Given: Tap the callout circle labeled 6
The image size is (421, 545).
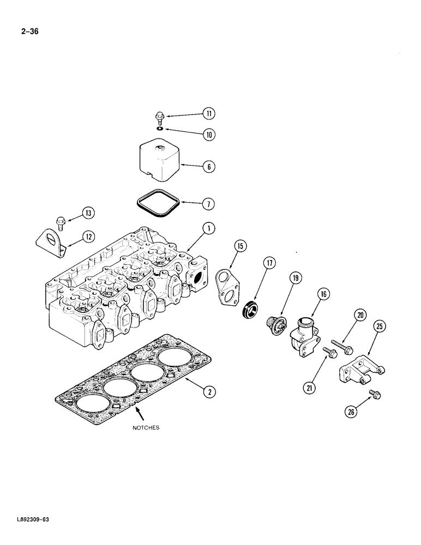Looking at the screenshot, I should pos(208,167).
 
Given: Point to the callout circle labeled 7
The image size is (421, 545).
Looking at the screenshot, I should pos(208,204).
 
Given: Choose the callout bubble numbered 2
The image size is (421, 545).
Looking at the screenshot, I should pos(208,390).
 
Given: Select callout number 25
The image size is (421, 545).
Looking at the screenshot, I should pos(379,327).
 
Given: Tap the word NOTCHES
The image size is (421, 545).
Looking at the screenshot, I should pos(146,428).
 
